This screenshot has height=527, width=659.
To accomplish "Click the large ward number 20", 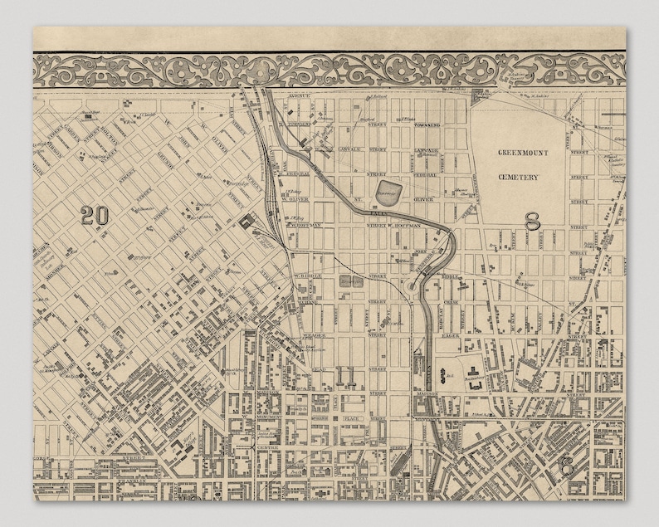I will coord(95,215).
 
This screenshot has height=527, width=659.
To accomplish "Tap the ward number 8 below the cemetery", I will coord(533,220).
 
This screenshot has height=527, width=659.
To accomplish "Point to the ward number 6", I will coord(567,465).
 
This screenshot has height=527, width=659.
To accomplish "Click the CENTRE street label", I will coord(267,425).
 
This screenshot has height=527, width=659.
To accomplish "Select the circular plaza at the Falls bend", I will coord(412,287).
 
